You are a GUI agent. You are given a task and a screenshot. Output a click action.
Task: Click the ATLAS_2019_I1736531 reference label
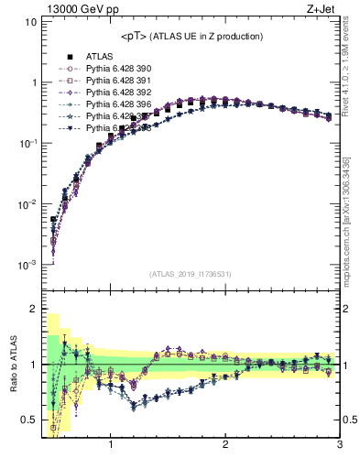[191, 274]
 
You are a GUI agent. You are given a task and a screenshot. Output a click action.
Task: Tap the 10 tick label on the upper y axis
[29, 21]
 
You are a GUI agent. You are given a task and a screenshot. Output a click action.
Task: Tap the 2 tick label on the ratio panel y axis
[32, 309]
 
